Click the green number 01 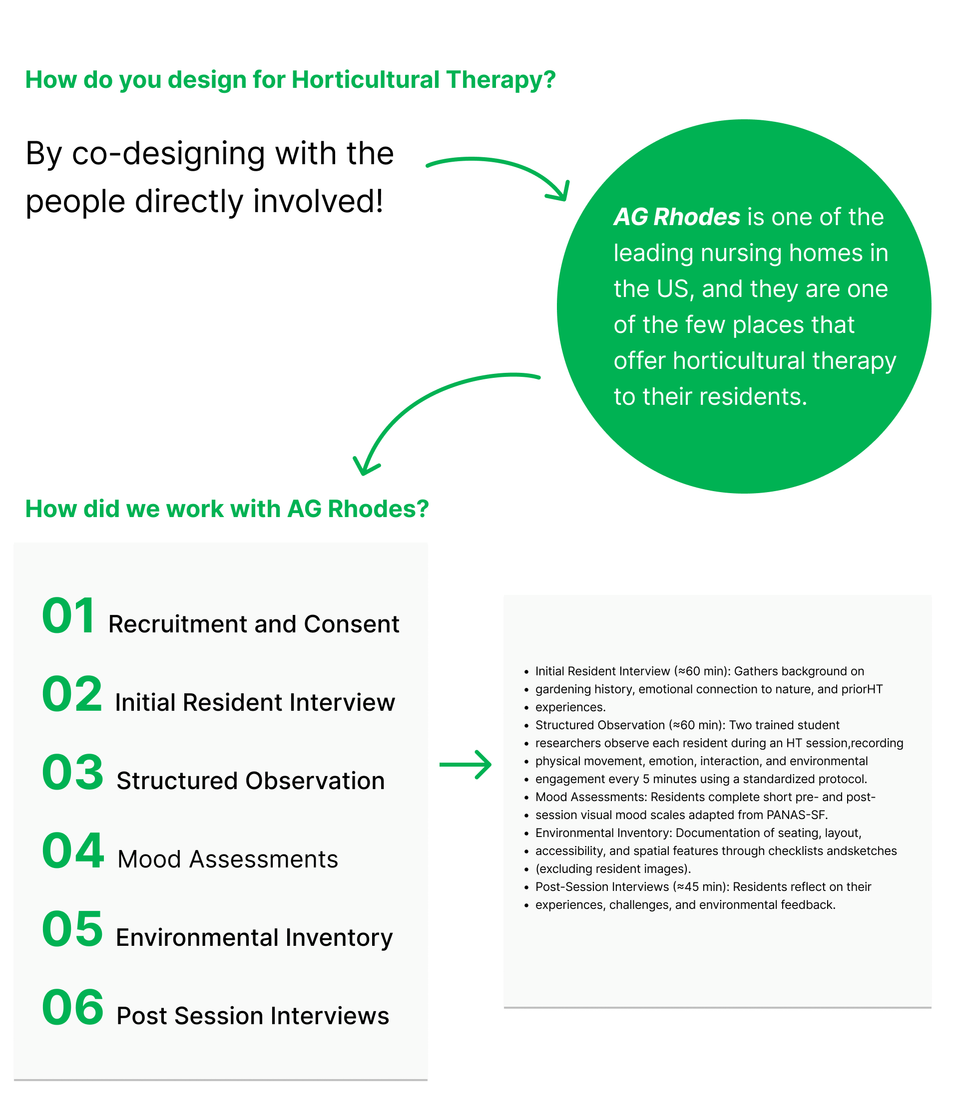pos(69,616)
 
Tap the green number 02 pos(72,694)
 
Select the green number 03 pos(72,773)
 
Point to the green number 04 pos(72,851)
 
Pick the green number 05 pos(72,929)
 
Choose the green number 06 pos(72,1008)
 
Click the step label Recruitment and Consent pos(254,624)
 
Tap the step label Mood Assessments pos(228,859)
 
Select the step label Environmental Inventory pos(254,938)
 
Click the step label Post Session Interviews pos(253,1016)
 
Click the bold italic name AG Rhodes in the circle pos(677,217)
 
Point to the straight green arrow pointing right pos(465,764)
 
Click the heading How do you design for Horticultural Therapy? pos(291,79)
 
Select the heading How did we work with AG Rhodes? pos(227,509)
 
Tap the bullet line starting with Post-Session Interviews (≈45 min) pos(703,886)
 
